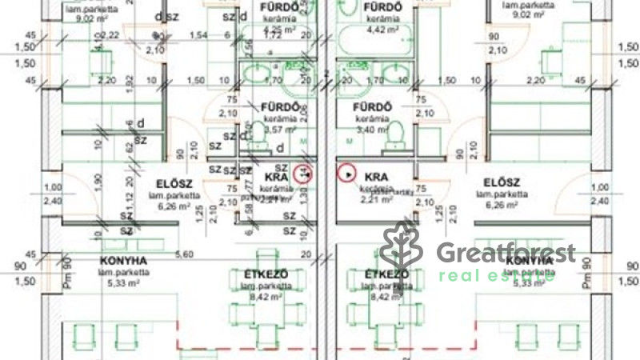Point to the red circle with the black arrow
347,172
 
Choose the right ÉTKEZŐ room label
382,275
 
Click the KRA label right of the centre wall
376,176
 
